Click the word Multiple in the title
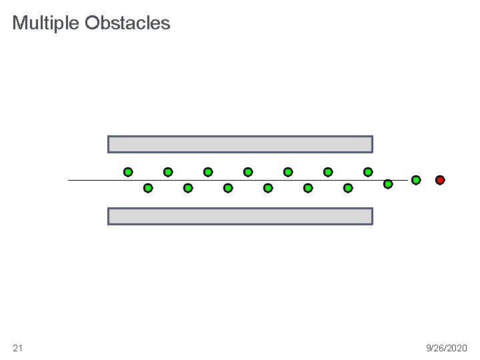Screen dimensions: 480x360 point(46,24)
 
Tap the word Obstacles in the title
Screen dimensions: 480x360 point(127,24)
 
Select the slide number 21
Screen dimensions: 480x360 point(17,348)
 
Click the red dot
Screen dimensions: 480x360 point(440,180)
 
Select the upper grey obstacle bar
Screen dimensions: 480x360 point(240,144)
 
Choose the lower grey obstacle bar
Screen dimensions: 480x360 point(240,216)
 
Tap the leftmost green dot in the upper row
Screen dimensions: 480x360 point(128,172)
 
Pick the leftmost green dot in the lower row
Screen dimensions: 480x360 point(148,188)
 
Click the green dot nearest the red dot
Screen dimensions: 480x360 point(416,180)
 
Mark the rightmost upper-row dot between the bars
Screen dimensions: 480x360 point(368,172)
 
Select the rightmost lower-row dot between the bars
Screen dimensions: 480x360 point(348,188)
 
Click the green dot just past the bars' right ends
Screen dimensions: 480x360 point(388,183)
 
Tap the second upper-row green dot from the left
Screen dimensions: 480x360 point(168,172)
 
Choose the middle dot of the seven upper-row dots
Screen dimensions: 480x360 point(248,172)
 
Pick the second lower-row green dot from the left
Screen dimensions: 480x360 point(188,188)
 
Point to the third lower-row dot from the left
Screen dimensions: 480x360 point(228,188)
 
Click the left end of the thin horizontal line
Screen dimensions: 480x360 point(69,180)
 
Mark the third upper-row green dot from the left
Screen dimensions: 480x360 point(208,172)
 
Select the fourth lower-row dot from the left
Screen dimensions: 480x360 point(268,188)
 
